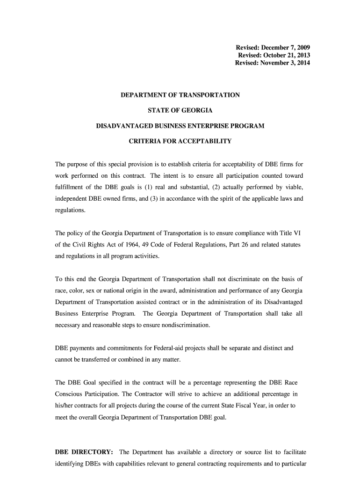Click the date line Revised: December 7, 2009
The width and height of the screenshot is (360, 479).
pyautogui.click(x=272, y=48)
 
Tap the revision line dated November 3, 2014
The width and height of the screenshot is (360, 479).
pyautogui.click(x=272, y=63)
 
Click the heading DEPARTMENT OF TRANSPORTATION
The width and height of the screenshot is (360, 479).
pyautogui.click(x=180, y=95)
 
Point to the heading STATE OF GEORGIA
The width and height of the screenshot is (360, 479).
pyautogui.click(x=180, y=110)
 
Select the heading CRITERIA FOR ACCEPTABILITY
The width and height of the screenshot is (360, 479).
pyautogui.click(x=180, y=141)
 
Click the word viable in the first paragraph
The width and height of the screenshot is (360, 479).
pyautogui.click(x=295, y=187)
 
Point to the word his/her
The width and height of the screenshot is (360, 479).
pyautogui.click(x=64, y=406)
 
